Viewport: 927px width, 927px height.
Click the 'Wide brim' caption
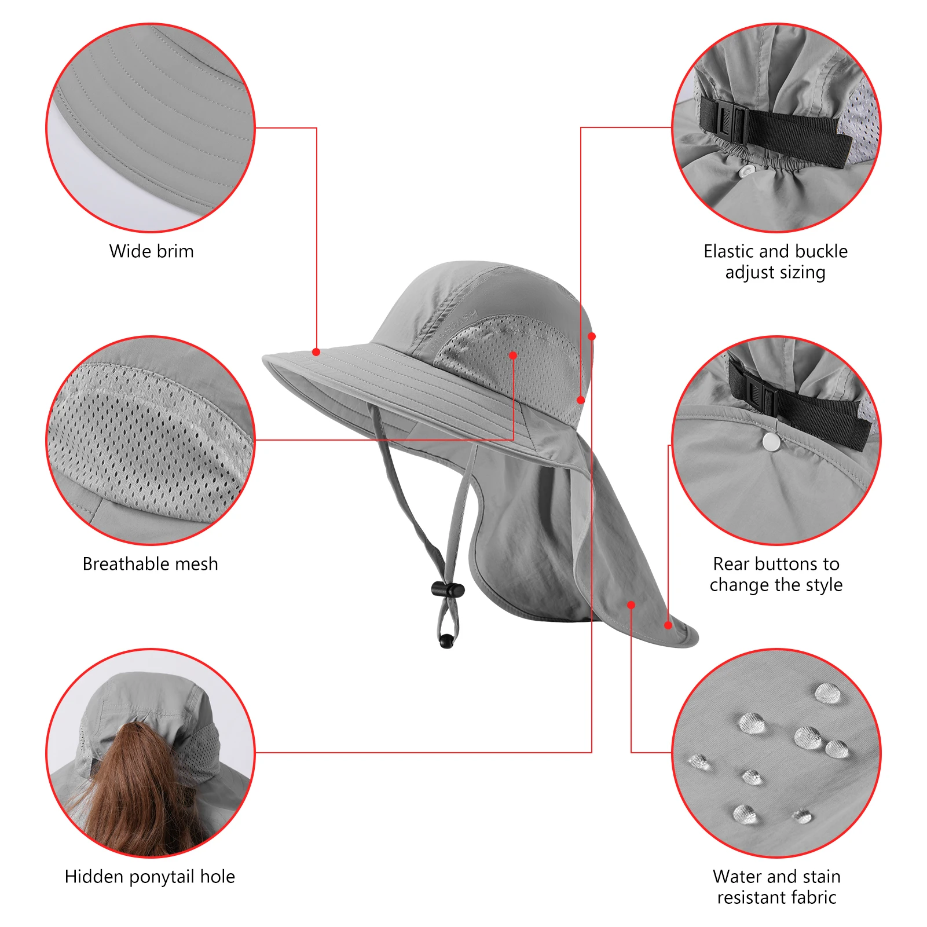pos(151,251)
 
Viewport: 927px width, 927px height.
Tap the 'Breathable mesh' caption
pos(150,564)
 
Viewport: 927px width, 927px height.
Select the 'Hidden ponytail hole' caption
pos(149,877)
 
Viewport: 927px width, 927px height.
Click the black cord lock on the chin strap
pos(448,590)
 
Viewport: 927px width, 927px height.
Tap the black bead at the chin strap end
pos(446,641)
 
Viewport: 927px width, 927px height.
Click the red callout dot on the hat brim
pos(316,352)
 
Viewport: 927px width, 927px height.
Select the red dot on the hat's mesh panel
pos(513,356)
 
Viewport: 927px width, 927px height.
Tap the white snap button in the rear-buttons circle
pos(771,442)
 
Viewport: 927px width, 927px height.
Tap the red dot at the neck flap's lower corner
pos(668,625)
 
